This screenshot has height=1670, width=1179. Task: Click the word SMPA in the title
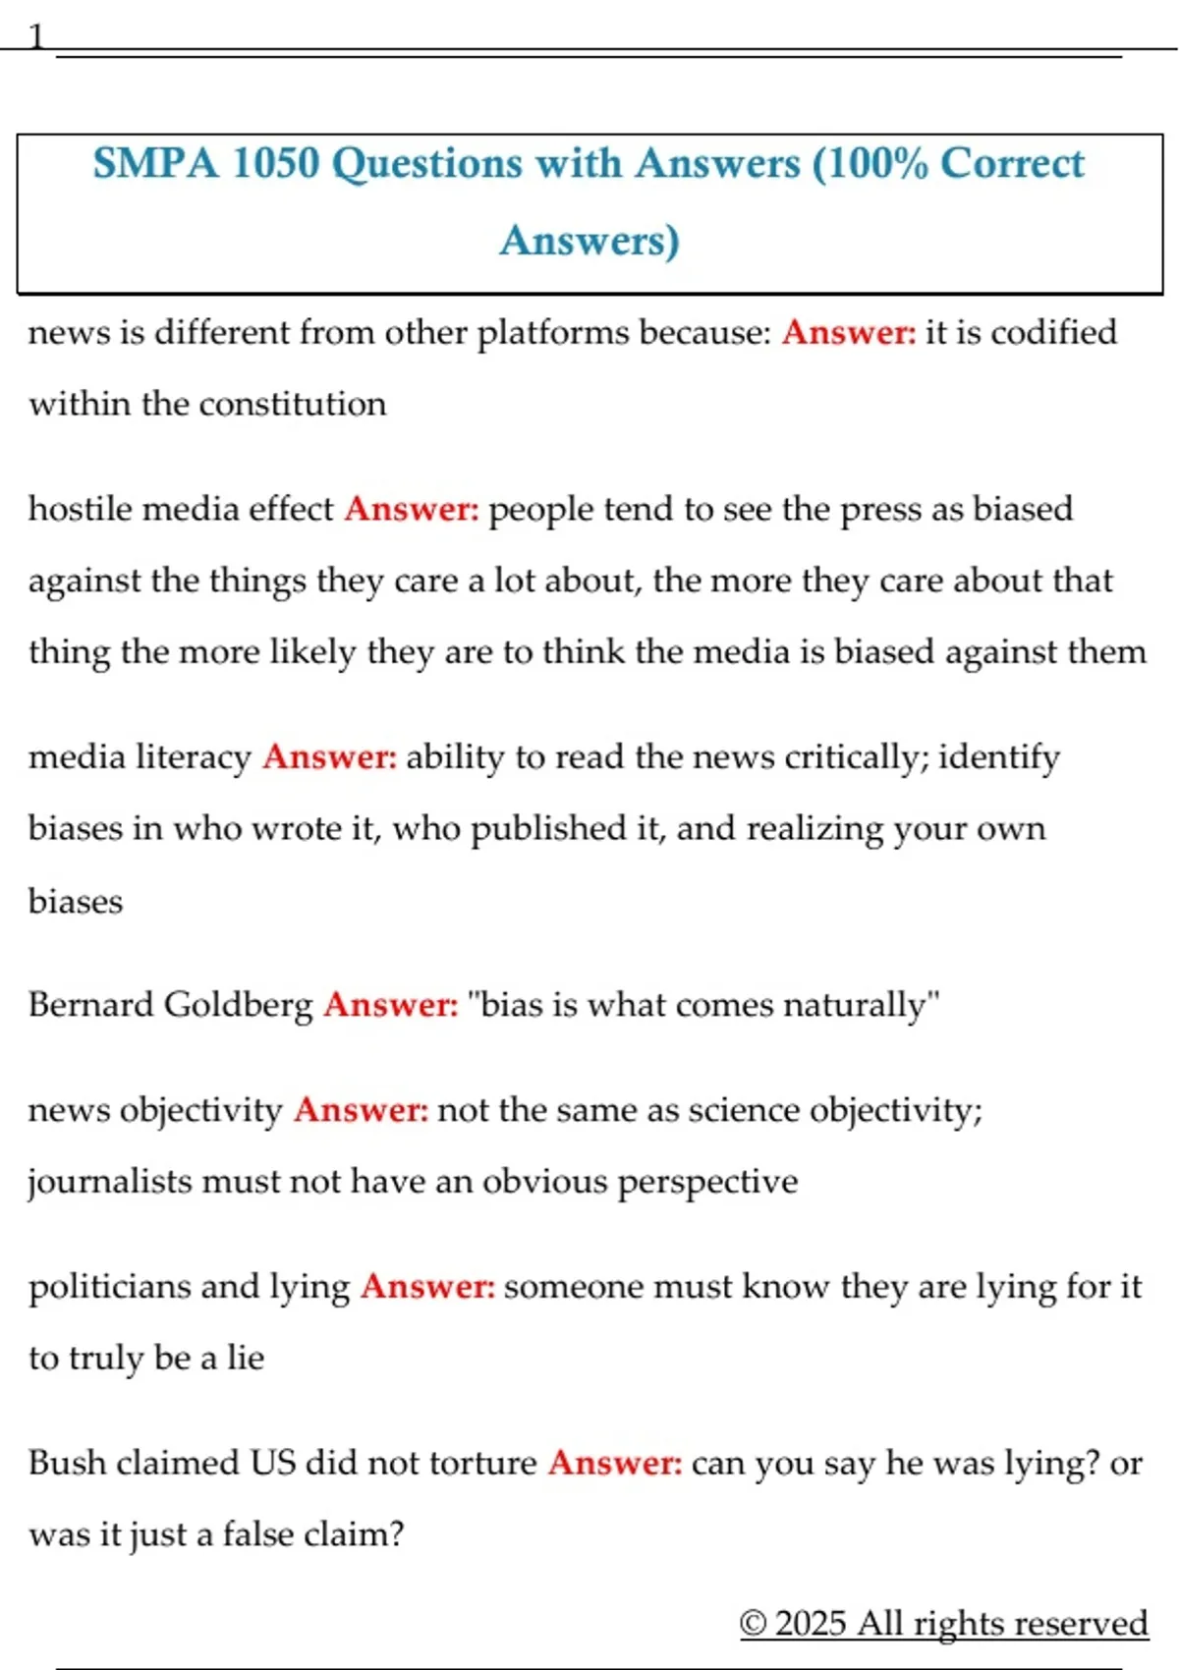tap(156, 163)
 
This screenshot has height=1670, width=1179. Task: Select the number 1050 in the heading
tap(276, 163)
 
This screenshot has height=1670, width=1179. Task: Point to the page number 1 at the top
tap(36, 37)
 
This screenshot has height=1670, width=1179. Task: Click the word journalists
tap(110, 1181)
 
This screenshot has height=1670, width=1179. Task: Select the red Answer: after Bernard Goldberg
tap(391, 1004)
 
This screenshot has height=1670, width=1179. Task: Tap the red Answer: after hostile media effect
tap(412, 509)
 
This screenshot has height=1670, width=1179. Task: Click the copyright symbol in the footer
tap(753, 1623)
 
